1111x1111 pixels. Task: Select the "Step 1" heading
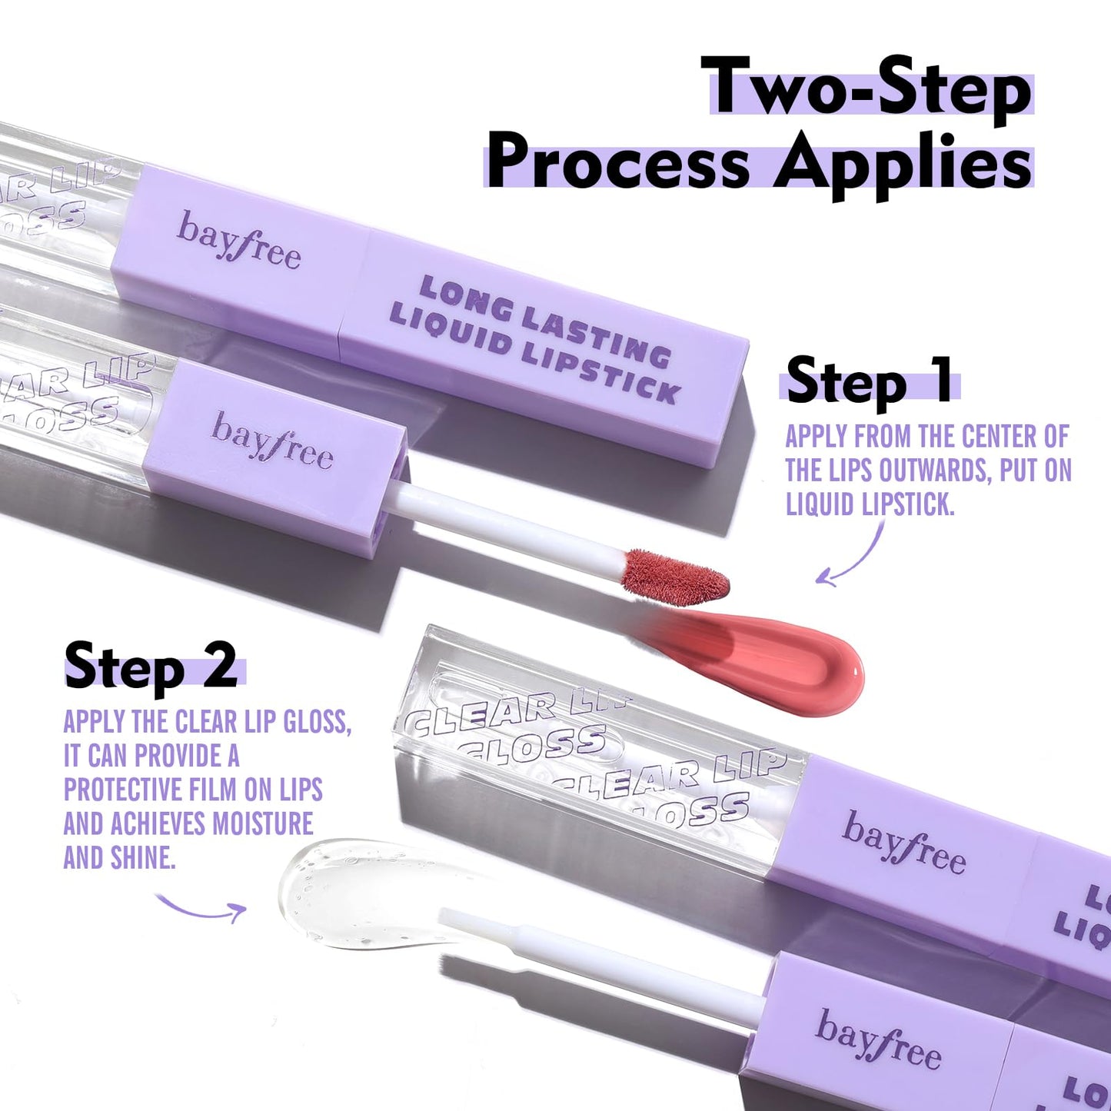(869, 381)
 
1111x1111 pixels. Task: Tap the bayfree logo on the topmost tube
(238, 240)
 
